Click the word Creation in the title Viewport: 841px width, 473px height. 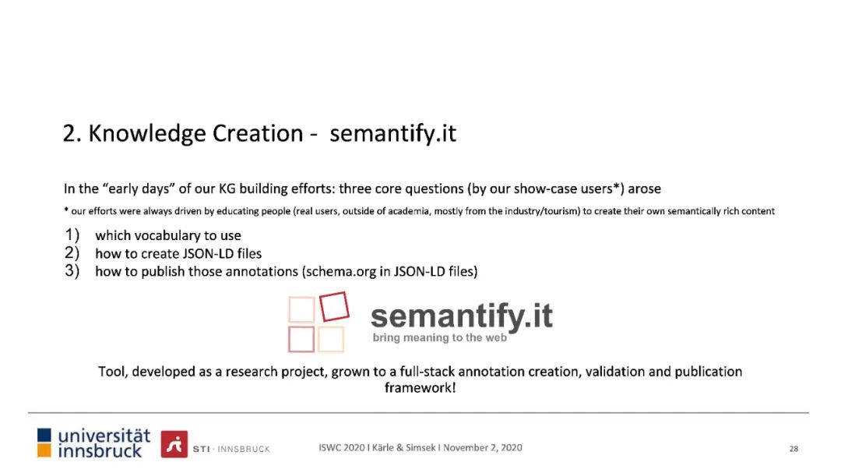[x=258, y=133]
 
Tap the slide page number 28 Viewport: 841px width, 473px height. [x=793, y=449]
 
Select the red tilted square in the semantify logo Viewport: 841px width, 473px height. [x=334, y=306]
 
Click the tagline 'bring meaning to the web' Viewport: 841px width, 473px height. [x=440, y=337]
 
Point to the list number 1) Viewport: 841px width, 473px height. [x=72, y=235]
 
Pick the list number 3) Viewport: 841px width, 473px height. [x=72, y=270]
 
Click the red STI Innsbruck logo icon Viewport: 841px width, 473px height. [x=174, y=444]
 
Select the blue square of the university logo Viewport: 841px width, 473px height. [x=44, y=435]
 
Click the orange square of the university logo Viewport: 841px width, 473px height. [x=44, y=450]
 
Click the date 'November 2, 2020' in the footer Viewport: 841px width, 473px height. [x=483, y=448]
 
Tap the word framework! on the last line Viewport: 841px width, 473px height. [x=420, y=387]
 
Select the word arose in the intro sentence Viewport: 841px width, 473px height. [x=645, y=189]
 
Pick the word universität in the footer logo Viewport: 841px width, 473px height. [x=104, y=436]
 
